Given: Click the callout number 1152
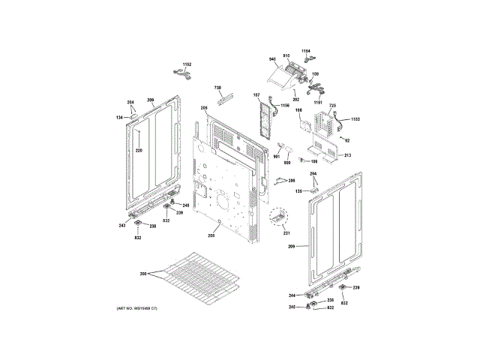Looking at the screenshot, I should (187, 65).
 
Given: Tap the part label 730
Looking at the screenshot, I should (219, 87).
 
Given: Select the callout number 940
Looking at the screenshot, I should (273, 59).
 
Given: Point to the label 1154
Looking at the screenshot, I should (306, 50).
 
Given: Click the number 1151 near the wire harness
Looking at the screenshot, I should (318, 102).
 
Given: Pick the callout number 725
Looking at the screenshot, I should (332, 106).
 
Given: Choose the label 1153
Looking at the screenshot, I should (355, 119).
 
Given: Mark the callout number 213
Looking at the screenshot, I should (347, 155).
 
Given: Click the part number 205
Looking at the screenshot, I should (203, 109).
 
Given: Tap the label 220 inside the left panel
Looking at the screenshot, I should (138, 151).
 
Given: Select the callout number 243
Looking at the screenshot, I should (121, 226).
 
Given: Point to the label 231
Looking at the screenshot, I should (286, 232).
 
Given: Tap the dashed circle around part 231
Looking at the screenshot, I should (278, 217).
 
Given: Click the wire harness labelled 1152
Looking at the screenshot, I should (180, 73).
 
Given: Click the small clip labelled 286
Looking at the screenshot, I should (279, 181).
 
